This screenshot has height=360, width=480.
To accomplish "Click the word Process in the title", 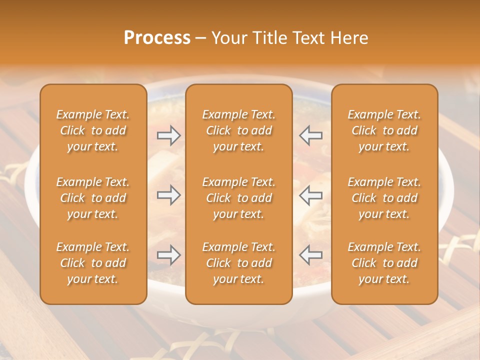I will click(157, 38).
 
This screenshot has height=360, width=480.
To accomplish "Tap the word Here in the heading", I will click(350, 38).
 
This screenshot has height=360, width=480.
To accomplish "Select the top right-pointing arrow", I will click(168, 135).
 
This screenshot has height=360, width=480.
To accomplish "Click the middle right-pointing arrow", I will click(168, 195).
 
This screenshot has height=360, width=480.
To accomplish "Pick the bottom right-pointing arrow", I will click(168, 255).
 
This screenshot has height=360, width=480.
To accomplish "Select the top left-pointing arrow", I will click(311, 135).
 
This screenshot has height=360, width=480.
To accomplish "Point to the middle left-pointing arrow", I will click(311, 195).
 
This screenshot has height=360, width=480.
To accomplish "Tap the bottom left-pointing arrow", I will click(311, 255).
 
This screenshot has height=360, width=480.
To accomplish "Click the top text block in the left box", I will click(93, 130).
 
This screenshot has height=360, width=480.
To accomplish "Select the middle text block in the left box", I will click(93, 198).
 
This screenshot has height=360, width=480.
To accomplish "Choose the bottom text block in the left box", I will click(93, 263).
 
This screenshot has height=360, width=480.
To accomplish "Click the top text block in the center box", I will click(239, 130).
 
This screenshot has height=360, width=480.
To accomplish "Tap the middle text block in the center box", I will click(239, 198).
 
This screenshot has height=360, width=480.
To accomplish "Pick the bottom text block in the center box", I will click(239, 263).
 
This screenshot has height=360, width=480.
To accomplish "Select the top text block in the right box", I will click(384, 130).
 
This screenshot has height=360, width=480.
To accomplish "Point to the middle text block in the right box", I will click(384, 198).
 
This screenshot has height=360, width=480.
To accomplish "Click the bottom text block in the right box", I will click(384, 263).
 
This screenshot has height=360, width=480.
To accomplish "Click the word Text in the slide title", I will click(312, 38).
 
